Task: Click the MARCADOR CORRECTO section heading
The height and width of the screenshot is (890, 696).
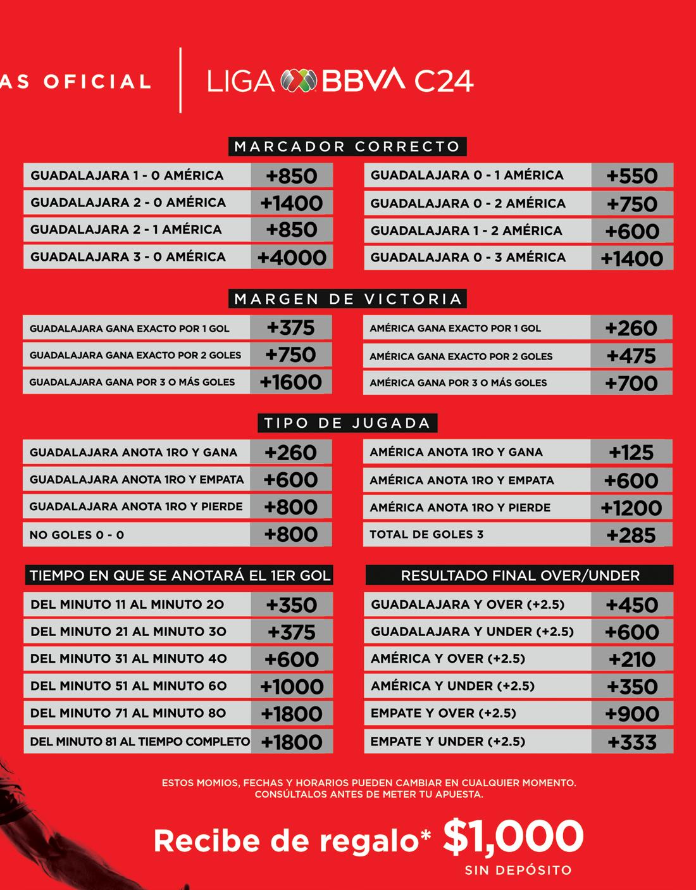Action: pos(347,147)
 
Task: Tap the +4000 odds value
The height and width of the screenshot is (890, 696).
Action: pos(292,257)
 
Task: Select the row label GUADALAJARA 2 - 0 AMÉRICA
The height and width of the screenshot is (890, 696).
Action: pos(128,203)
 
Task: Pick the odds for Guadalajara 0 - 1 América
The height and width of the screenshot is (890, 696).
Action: pos(631,176)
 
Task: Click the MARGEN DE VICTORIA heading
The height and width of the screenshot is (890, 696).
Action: pos(347,299)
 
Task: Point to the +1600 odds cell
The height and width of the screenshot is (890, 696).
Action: pos(290,382)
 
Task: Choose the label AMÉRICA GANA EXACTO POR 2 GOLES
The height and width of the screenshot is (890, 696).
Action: pos(461,356)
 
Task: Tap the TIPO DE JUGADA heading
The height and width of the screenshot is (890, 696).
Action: pos(347,423)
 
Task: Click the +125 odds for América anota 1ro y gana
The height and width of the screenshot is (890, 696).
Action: pos(631,453)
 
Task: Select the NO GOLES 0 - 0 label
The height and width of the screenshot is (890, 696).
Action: pos(77,535)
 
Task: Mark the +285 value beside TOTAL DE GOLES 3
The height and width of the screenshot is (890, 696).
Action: pos(631,536)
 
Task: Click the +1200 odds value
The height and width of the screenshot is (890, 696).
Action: pos(631,508)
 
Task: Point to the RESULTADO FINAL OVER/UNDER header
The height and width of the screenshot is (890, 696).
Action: pos(519,575)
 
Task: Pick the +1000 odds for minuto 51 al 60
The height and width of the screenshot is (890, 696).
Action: pos(292,686)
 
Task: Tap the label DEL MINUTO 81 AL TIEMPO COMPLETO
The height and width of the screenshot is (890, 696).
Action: pos(140,741)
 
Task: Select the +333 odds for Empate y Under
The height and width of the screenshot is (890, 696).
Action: pos(632,742)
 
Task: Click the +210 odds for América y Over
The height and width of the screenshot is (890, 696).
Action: pos(632,659)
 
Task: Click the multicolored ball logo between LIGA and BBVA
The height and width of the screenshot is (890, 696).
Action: pos(299,80)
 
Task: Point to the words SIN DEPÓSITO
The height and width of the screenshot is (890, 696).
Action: pos(518,870)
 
